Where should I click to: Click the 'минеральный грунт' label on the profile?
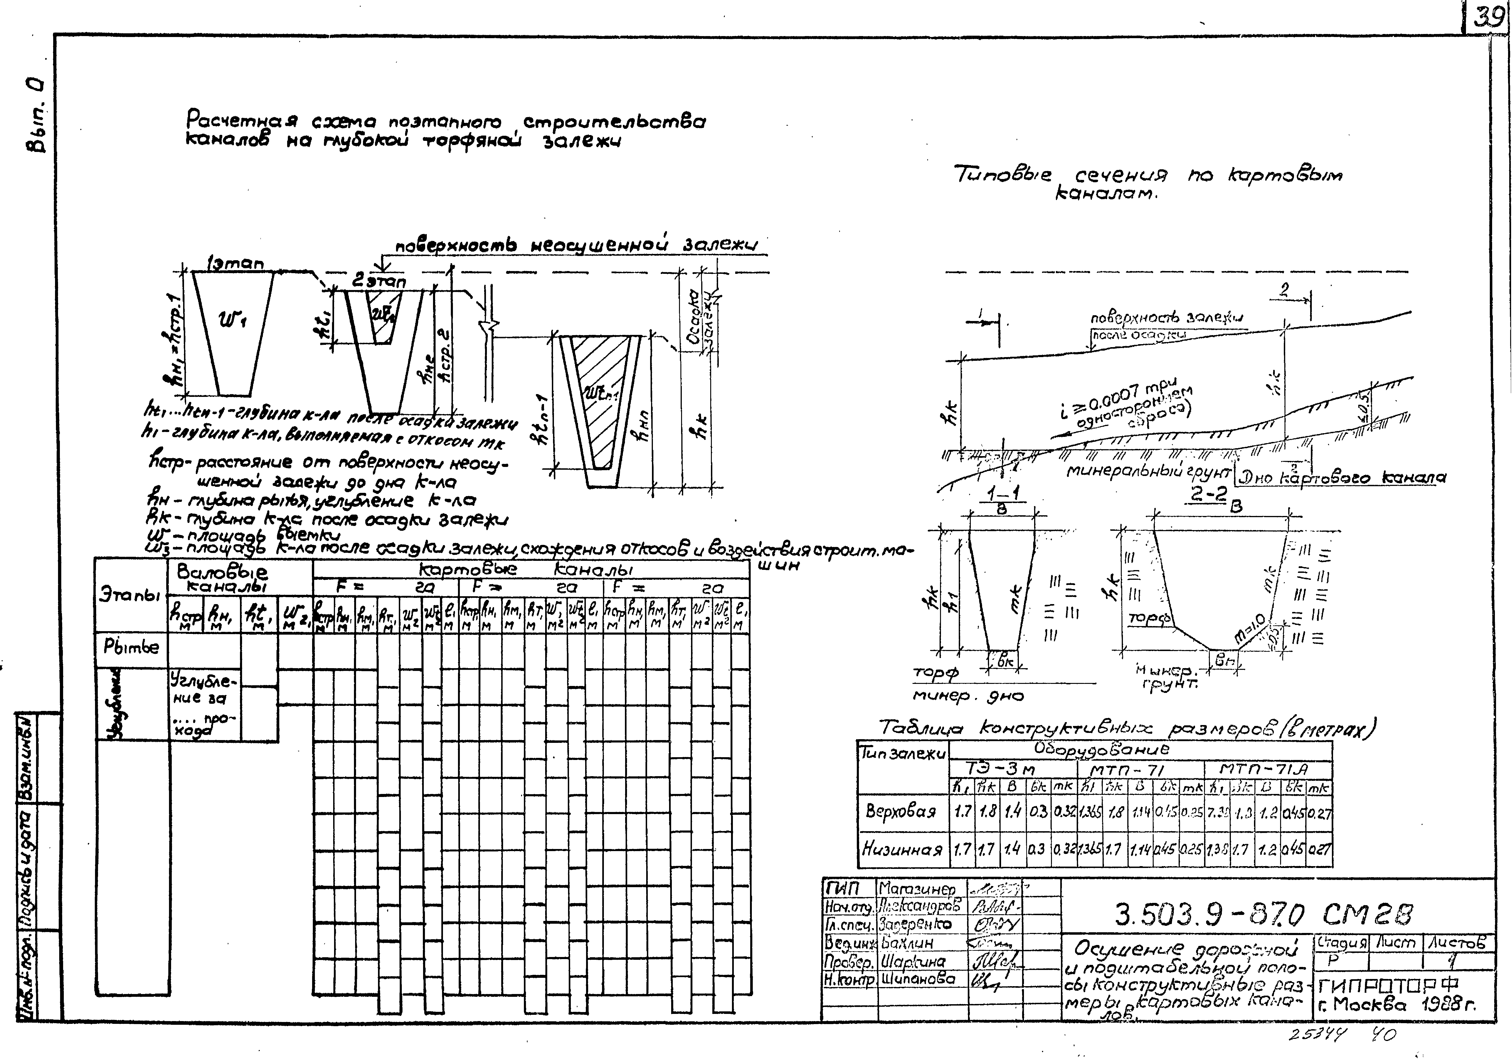click(1148, 472)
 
